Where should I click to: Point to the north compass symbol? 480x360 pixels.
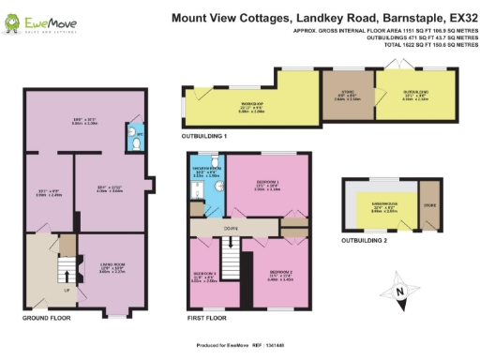(400, 296)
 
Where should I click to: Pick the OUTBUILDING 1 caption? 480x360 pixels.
(205, 137)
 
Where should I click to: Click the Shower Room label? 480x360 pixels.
(207, 172)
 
